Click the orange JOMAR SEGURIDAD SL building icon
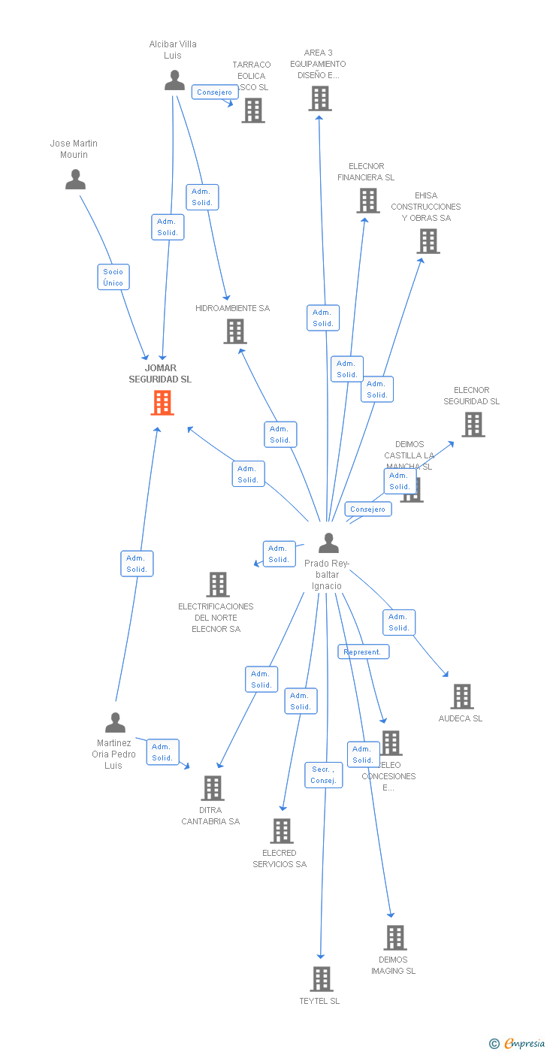coord(162,403)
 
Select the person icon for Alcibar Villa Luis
coord(174,80)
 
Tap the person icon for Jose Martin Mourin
coord(75,180)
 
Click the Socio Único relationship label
coord(113,277)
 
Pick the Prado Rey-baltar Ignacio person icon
coord(328,543)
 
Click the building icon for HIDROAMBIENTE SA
coord(235,331)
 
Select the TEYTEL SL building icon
coord(322,979)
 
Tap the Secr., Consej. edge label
coord(324,775)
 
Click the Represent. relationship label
coord(364,652)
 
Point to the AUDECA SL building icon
coord(462,697)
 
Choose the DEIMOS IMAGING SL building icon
coord(395,938)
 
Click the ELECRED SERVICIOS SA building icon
coord(282,831)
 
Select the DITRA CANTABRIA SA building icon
coord(213,788)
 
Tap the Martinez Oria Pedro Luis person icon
coord(115,723)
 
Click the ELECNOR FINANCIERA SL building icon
coord(367,201)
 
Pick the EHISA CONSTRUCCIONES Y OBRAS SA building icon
coord(428,241)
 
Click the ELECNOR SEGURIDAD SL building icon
coord(473,425)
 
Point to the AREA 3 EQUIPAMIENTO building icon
coord(320,98)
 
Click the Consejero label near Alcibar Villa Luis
coord(215,92)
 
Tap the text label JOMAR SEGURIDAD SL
coord(160,373)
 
